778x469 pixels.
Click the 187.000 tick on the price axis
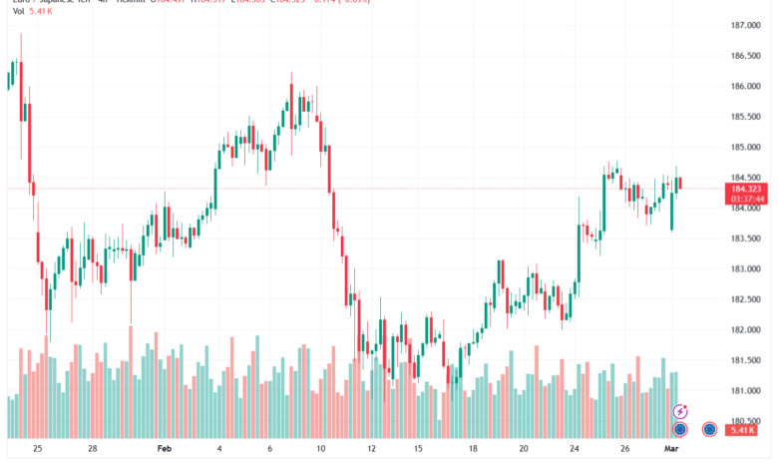click(x=747, y=25)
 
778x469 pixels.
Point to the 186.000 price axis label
click(x=747, y=86)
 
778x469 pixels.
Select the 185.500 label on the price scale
click(x=747, y=117)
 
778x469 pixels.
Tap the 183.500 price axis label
click(x=747, y=238)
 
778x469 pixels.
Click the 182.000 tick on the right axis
click(x=747, y=330)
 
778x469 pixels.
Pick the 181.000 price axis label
click(x=747, y=391)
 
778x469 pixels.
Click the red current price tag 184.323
click(x=747, y=188)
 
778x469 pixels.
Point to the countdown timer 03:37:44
click(x=747, y=198)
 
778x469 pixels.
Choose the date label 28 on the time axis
click(x=92, y=449)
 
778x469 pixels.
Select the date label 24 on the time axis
click(x=577, y=449)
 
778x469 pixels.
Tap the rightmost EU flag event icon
click(x=710, y=429)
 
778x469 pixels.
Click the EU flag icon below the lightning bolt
click(x=680, y=429)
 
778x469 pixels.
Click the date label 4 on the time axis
click(x=220, y=449)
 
